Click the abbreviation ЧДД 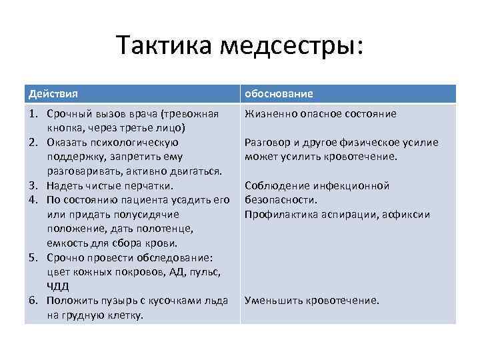pos(57,287)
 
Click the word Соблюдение pos(275,186)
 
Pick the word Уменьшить pos(273,301)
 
